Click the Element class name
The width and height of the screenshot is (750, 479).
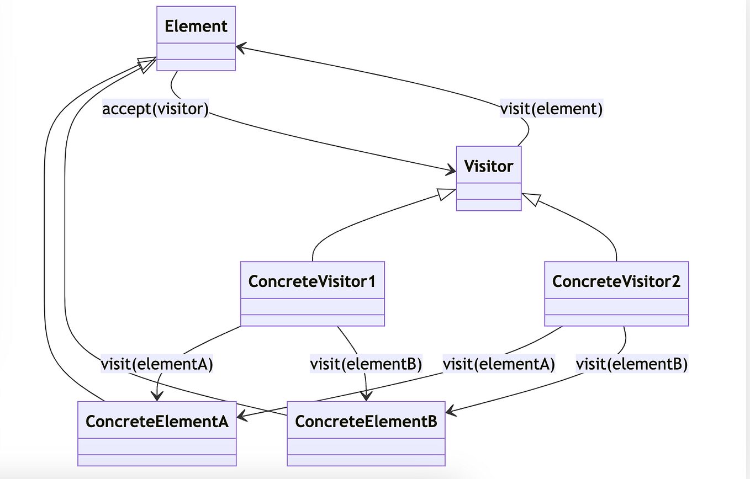196,26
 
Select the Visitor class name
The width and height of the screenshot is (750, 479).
489,166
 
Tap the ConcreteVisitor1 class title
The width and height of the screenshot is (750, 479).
312,281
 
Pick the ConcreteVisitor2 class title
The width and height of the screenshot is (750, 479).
616,281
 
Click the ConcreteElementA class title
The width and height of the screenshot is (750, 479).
157,422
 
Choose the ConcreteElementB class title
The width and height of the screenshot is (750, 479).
366,422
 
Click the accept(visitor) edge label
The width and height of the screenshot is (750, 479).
155,109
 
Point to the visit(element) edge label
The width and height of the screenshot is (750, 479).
551,109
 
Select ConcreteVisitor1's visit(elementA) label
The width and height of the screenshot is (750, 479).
157,364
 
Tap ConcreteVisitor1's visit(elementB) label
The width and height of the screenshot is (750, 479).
366,364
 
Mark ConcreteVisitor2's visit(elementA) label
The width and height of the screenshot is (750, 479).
499,364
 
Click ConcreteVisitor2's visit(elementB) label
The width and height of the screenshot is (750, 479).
632,364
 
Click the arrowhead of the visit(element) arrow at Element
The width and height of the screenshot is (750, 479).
240,48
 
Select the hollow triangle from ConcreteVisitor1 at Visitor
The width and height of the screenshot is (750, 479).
446,193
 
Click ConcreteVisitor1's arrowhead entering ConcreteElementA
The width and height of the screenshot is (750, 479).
157,396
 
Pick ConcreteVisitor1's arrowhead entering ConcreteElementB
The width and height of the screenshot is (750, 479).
366,396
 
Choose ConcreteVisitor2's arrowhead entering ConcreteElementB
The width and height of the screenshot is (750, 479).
450,411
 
